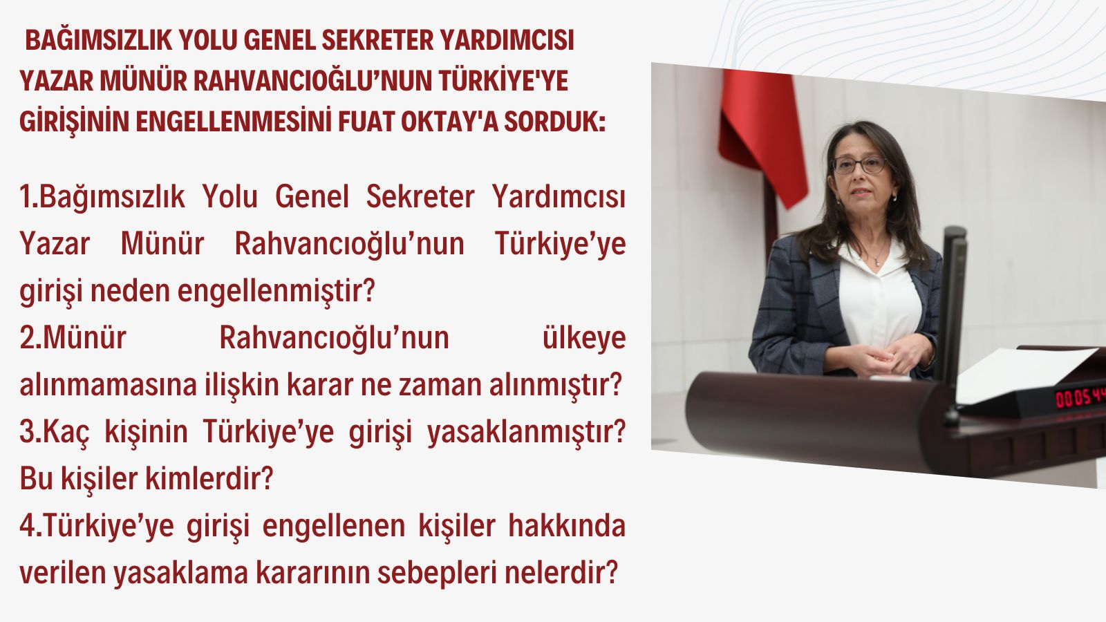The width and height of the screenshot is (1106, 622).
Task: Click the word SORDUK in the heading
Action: click(x=554, y=122)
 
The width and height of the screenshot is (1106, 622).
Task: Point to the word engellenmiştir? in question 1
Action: click(x=276, y=291)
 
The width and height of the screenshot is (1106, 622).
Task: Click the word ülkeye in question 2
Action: click(x=584, y=338)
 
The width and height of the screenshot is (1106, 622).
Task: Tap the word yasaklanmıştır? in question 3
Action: click(x=526, y=433)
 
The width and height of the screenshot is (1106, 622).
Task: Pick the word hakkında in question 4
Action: click(x=567, y=525)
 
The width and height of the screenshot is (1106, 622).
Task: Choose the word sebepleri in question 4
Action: click(x=436, y=574)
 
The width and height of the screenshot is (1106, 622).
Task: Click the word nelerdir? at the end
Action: click(x=561, y=573)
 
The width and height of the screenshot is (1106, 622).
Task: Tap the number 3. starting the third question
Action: click(x=30, y=431)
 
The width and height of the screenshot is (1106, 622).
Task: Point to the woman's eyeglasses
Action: click(x=860, y=165)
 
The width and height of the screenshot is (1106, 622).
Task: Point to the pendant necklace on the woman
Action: click(x=877, y=262)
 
